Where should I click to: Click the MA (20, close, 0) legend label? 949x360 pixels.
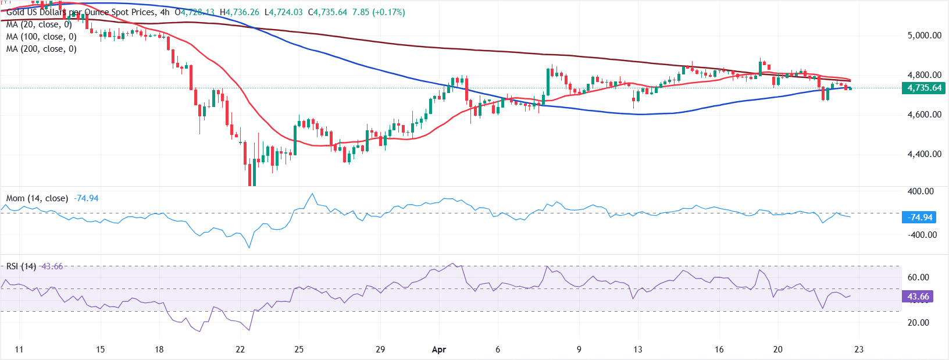(x=39, y=24)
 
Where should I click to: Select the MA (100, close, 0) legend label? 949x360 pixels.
(x=41, y=37)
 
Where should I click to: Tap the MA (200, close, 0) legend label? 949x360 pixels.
(x=41, y=49)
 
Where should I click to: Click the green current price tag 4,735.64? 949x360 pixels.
(x=924, y=88)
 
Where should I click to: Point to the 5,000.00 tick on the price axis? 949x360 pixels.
(x=924, y=35)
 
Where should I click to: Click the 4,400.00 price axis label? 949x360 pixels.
(x=924, y=154)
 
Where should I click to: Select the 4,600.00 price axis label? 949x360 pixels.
(x=924, y=115)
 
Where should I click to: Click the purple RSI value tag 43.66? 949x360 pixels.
(x=918, y=297)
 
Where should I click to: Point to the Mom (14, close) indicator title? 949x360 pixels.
(x=37, y=198)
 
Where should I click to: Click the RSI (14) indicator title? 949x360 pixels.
(x=21, y=266)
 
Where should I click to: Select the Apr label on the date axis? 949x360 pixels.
(x=439, y=350)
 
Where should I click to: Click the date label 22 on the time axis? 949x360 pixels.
(x=240, y=350)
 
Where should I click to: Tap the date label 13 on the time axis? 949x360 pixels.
(x=638, y=350)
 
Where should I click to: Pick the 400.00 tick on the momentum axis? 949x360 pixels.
(x=921, y=191)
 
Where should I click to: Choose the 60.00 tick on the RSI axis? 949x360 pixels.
(x=918, y=277)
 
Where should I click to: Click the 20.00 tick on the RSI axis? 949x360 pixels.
(x=918, y=323)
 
